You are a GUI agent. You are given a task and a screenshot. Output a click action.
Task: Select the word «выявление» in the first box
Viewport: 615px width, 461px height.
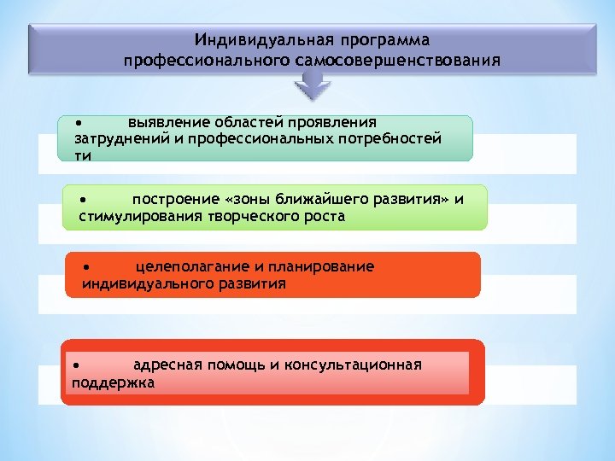(x=161, y=123)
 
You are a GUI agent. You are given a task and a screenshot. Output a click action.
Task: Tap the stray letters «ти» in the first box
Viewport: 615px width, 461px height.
(x=83, y=155)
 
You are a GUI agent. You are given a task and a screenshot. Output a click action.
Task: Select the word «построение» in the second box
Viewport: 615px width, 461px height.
(x=173, y=200)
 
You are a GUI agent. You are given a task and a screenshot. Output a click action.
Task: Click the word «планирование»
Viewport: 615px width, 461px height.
(x=328, y=266)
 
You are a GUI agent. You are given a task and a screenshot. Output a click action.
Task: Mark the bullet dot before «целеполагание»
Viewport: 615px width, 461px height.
(x=86, y=266)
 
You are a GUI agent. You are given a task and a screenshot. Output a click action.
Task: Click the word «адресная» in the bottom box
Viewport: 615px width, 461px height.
(x=163, y=365)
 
